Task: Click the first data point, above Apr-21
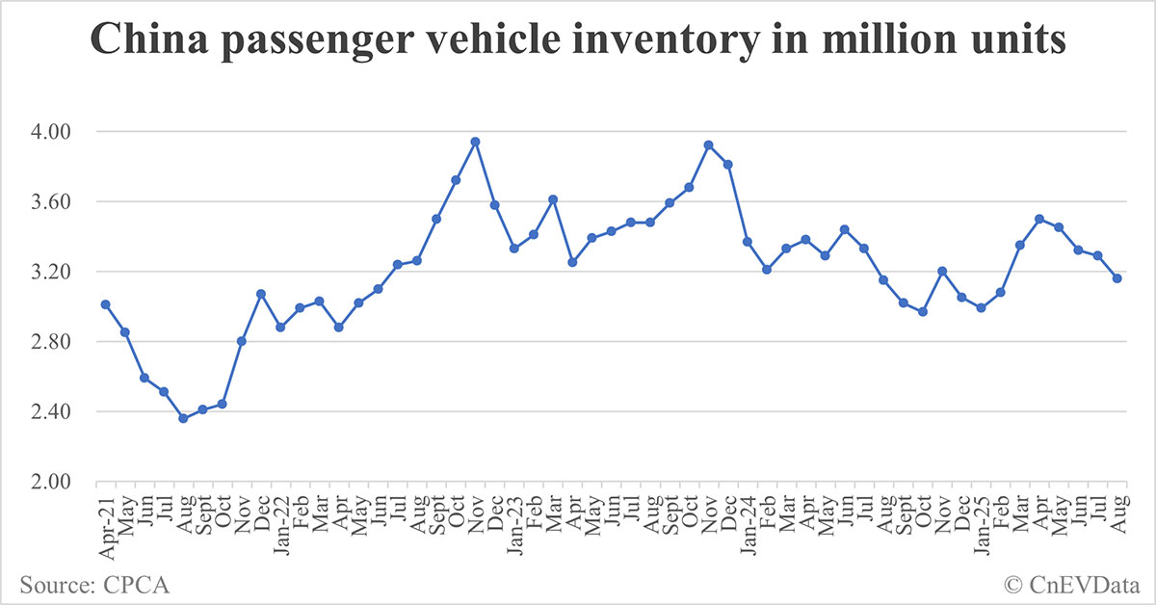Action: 105,304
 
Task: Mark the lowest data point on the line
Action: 183,418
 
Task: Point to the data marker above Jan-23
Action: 514,249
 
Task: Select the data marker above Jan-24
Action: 748,242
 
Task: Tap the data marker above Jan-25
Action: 981,308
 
